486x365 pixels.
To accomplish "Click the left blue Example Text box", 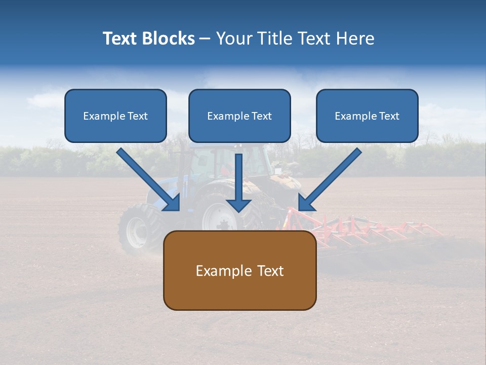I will (x=115, y=116).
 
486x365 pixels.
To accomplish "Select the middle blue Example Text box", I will (x=239, y=116).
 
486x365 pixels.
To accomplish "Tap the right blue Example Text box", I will (x=367, y=116).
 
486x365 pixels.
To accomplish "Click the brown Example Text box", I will (x=239, y=270).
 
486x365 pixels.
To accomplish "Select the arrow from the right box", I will (x=330, y=179).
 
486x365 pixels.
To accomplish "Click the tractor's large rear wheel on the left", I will (x=137, y=229).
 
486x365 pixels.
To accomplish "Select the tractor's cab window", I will (x=202, y=162).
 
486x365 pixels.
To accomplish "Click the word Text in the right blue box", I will (x=389, y=116).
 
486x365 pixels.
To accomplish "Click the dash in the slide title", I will (x=205, y=39).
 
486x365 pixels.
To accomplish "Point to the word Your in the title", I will (x=233, y=39).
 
